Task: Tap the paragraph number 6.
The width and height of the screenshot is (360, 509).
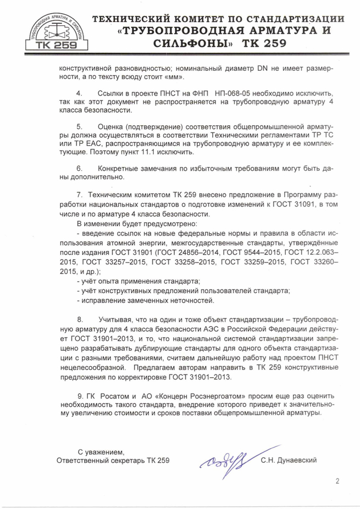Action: coord(79,167)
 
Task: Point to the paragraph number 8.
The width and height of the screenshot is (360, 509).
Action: coord(79,319)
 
